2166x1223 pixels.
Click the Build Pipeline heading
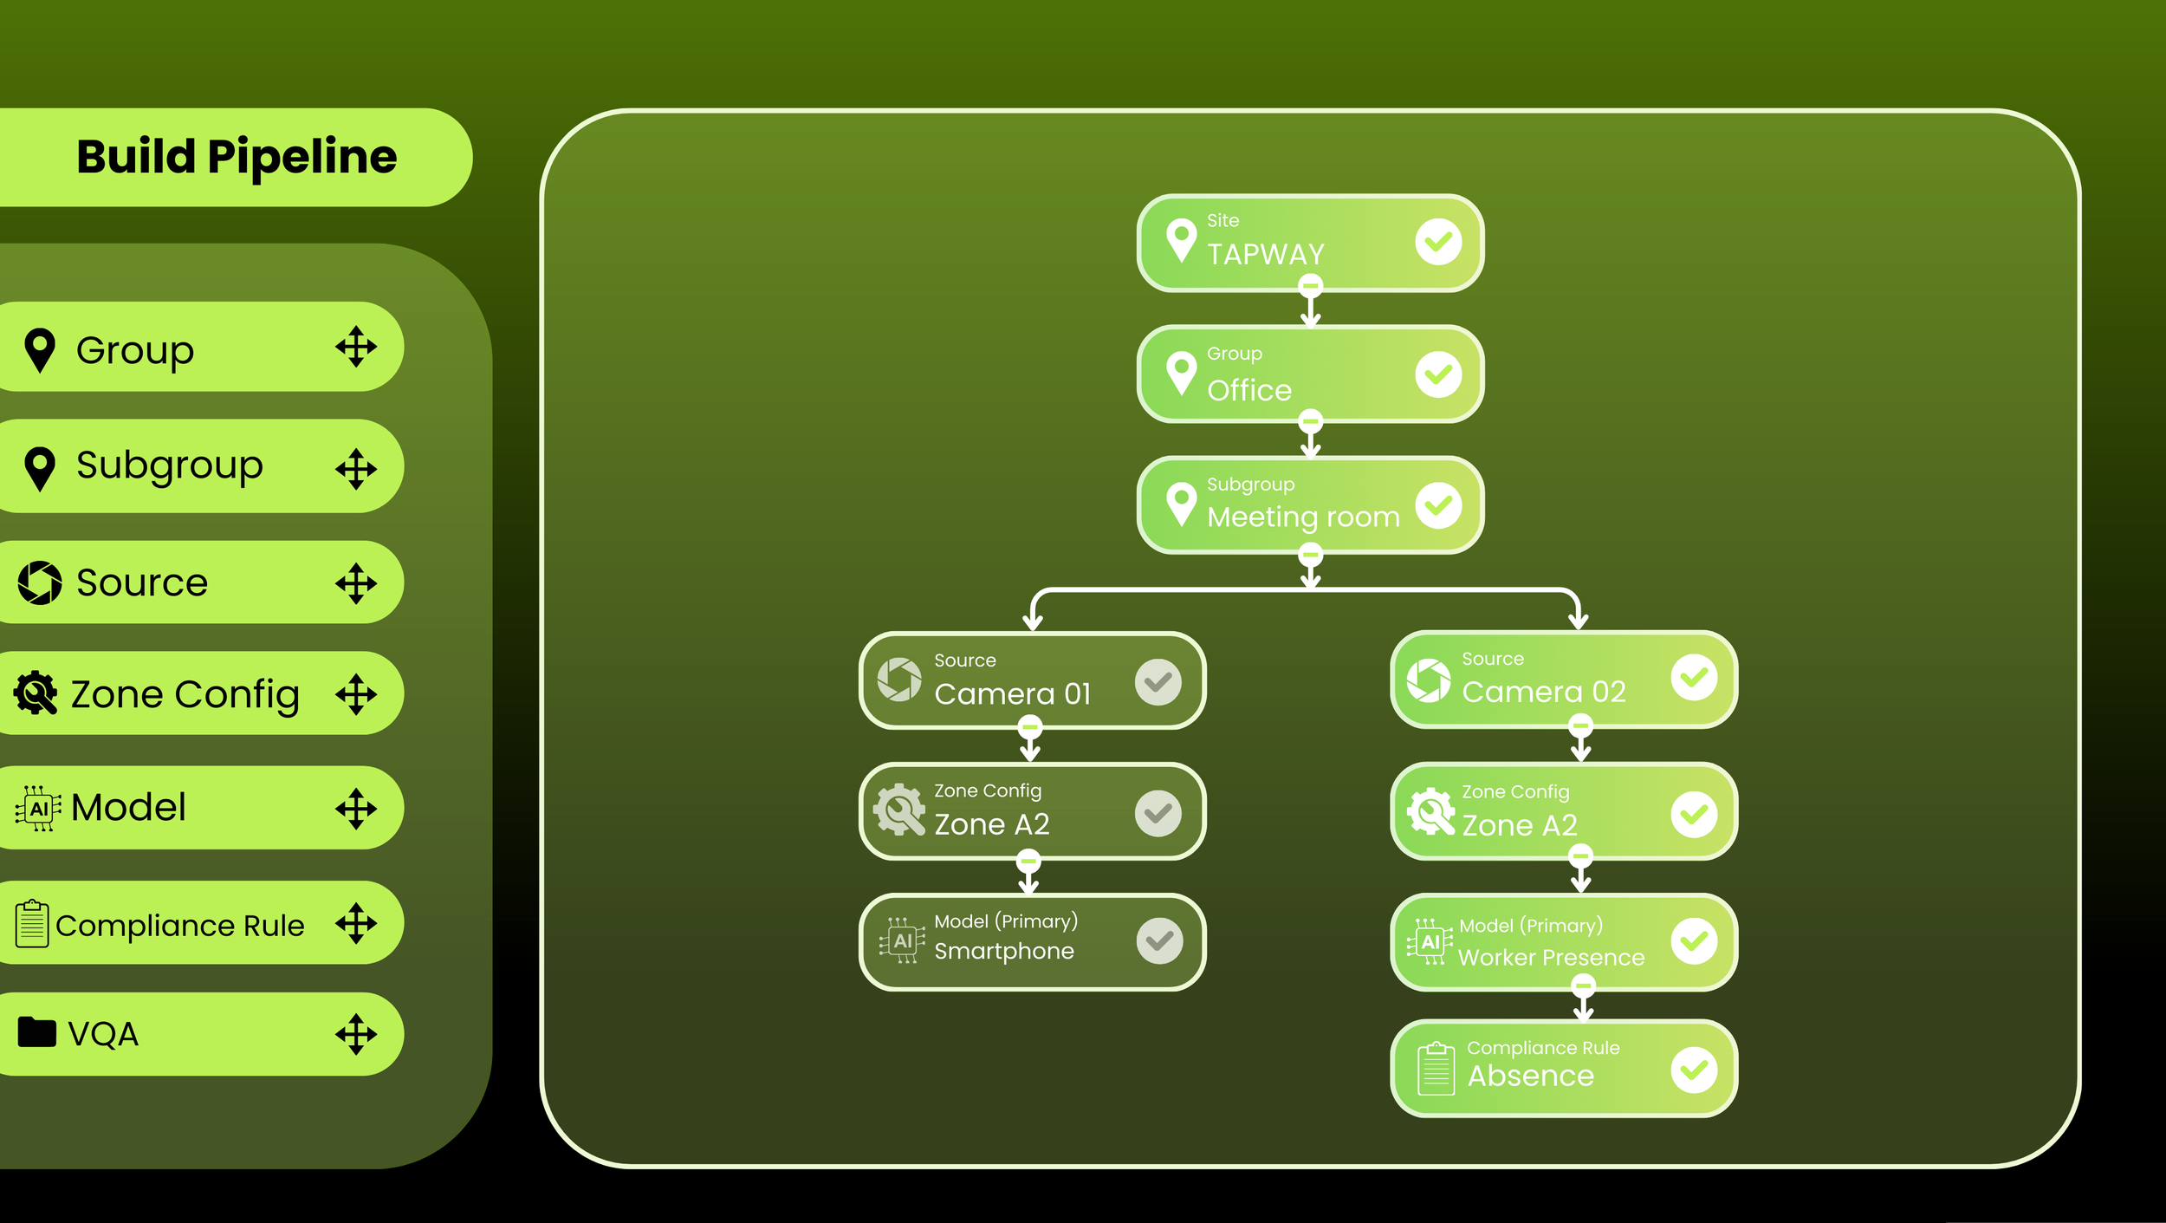point(237,157)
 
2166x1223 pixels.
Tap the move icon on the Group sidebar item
point(356,348)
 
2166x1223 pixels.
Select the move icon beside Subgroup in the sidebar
point(356,469)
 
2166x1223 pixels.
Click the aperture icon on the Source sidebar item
point(40,582)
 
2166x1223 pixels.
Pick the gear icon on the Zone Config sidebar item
point(36,693)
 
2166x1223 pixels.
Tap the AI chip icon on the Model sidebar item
point(38,809)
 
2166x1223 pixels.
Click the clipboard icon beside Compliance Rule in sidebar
point(32,924)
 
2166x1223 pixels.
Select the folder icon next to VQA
point(36,1032)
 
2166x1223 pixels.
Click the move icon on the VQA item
point(356,1034)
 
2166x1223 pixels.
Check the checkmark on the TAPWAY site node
point(1438,242)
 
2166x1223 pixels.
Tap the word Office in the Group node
point(1249,390)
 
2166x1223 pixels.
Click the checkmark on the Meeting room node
point(1438,505)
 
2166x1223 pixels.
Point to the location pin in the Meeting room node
point(1181,503)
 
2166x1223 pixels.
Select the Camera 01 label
point(1012,693)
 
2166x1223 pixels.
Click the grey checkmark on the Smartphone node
point(1159,940)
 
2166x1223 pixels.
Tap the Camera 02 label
point(1543,692)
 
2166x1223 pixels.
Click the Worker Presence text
point(1551,957)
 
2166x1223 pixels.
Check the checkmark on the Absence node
point(1694,1070)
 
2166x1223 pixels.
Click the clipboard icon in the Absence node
point(1436,1070)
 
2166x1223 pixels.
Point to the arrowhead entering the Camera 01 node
point(1032,622)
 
